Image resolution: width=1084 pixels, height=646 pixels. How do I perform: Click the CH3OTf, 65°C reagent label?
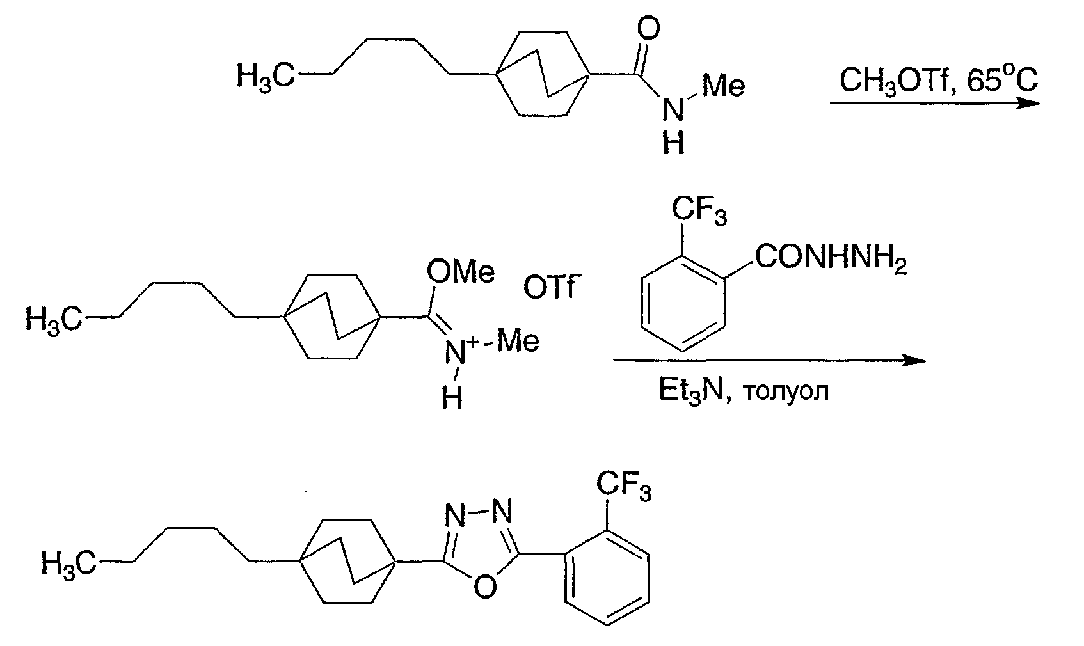pos(939,80)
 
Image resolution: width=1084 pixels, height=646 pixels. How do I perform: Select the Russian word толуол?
pos(785,392)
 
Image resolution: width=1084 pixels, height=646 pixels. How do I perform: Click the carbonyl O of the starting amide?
pos(648,29)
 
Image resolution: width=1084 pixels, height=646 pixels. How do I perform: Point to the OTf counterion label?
pos(552,288)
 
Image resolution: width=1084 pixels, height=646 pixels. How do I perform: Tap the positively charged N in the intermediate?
pos(456,352)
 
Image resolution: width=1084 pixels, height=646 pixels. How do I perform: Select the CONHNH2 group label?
pos(831,258)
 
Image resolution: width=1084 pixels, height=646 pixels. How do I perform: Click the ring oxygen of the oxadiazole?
pos(485,586)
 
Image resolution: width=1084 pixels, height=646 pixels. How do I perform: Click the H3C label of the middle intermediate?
pos(54,320)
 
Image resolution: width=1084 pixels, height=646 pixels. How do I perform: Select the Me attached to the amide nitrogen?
pos(724,86)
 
